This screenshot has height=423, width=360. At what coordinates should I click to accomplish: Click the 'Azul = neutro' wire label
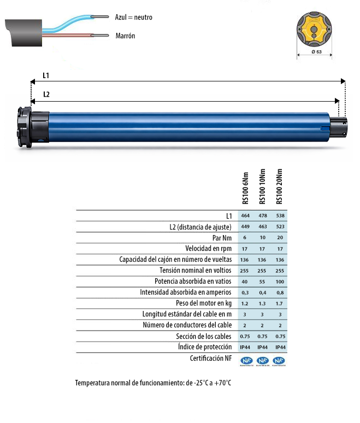[x=133, y=17]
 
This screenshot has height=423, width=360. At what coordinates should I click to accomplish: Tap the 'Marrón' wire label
[x=125, y=36]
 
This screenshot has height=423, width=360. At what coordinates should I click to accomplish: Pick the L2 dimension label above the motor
[x=46, y=94]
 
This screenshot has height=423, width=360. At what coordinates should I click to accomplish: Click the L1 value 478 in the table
[x=262, y=216]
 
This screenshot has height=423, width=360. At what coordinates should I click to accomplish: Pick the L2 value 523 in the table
[x=280, y=227]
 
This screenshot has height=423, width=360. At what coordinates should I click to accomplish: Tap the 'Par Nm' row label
[x=221, y=238]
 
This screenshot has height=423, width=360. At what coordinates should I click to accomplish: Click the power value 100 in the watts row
[x=280, y=281]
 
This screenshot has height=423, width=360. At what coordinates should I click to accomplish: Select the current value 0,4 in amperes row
[x=262, y=292]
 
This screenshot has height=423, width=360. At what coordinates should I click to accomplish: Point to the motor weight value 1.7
[x=280, y=303]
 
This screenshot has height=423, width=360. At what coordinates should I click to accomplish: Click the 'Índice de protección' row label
[x=205, y=347]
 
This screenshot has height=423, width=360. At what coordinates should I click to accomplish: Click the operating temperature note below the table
[x=153, y=383]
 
